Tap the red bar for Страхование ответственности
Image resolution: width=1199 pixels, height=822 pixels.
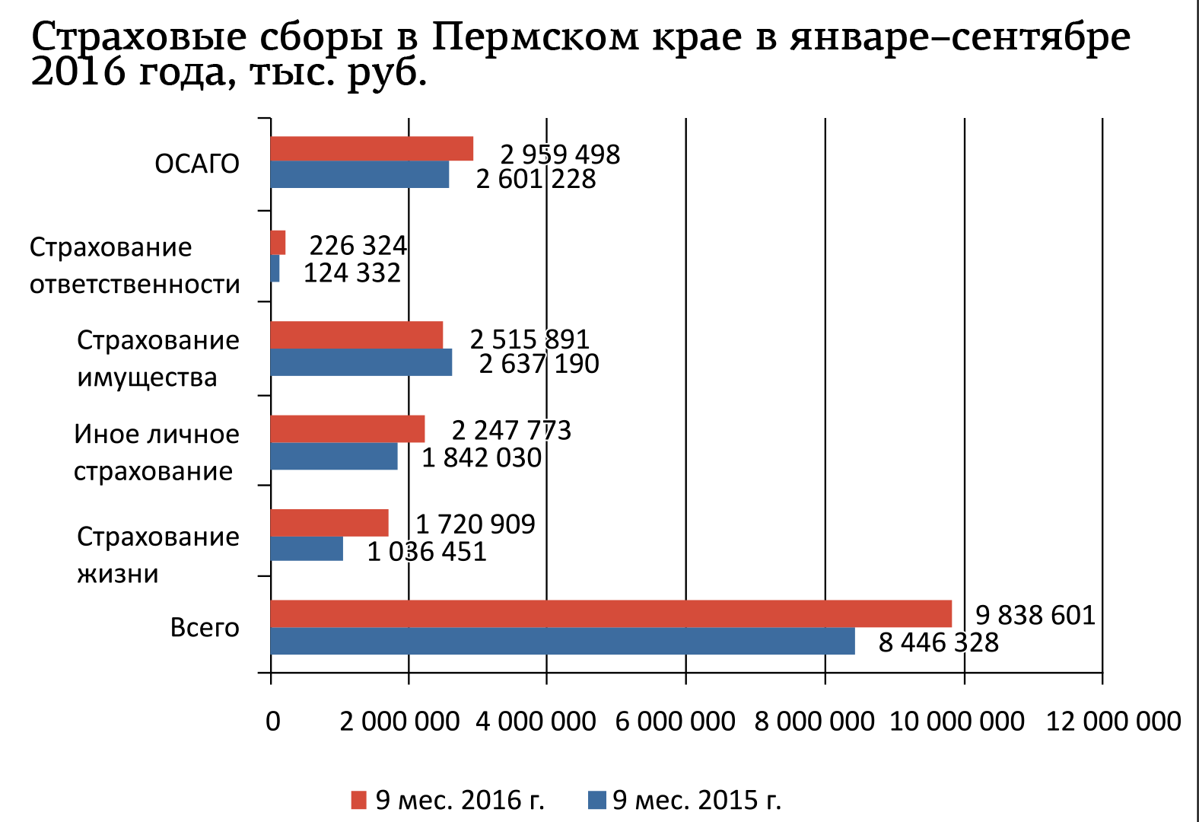tap(278, 243)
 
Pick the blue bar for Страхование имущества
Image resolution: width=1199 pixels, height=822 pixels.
tap(361, 362)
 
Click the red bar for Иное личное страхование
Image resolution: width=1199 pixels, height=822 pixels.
tap(347, 429)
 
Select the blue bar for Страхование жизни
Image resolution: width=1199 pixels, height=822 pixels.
tap(307, 549)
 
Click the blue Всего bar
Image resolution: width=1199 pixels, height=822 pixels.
tap(562, 641)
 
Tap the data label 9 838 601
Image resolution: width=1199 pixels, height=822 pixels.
tap(1035, 615)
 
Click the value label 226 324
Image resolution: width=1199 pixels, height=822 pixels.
tap(358, 246)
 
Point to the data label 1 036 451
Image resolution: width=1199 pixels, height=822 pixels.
tap(427, 552)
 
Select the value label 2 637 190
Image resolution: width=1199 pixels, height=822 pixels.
tap(539, 364)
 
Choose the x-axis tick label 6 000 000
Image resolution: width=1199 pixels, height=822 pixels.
tap(675, 722)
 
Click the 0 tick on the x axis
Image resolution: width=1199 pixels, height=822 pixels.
tap(272, 722)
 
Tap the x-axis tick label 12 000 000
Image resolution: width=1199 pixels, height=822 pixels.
tap(1113, 722)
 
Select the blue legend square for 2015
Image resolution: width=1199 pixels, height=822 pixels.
tap(597, 800)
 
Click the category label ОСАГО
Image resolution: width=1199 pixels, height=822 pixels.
tap(197, 164)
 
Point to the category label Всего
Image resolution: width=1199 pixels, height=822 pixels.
tap(205, 628)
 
